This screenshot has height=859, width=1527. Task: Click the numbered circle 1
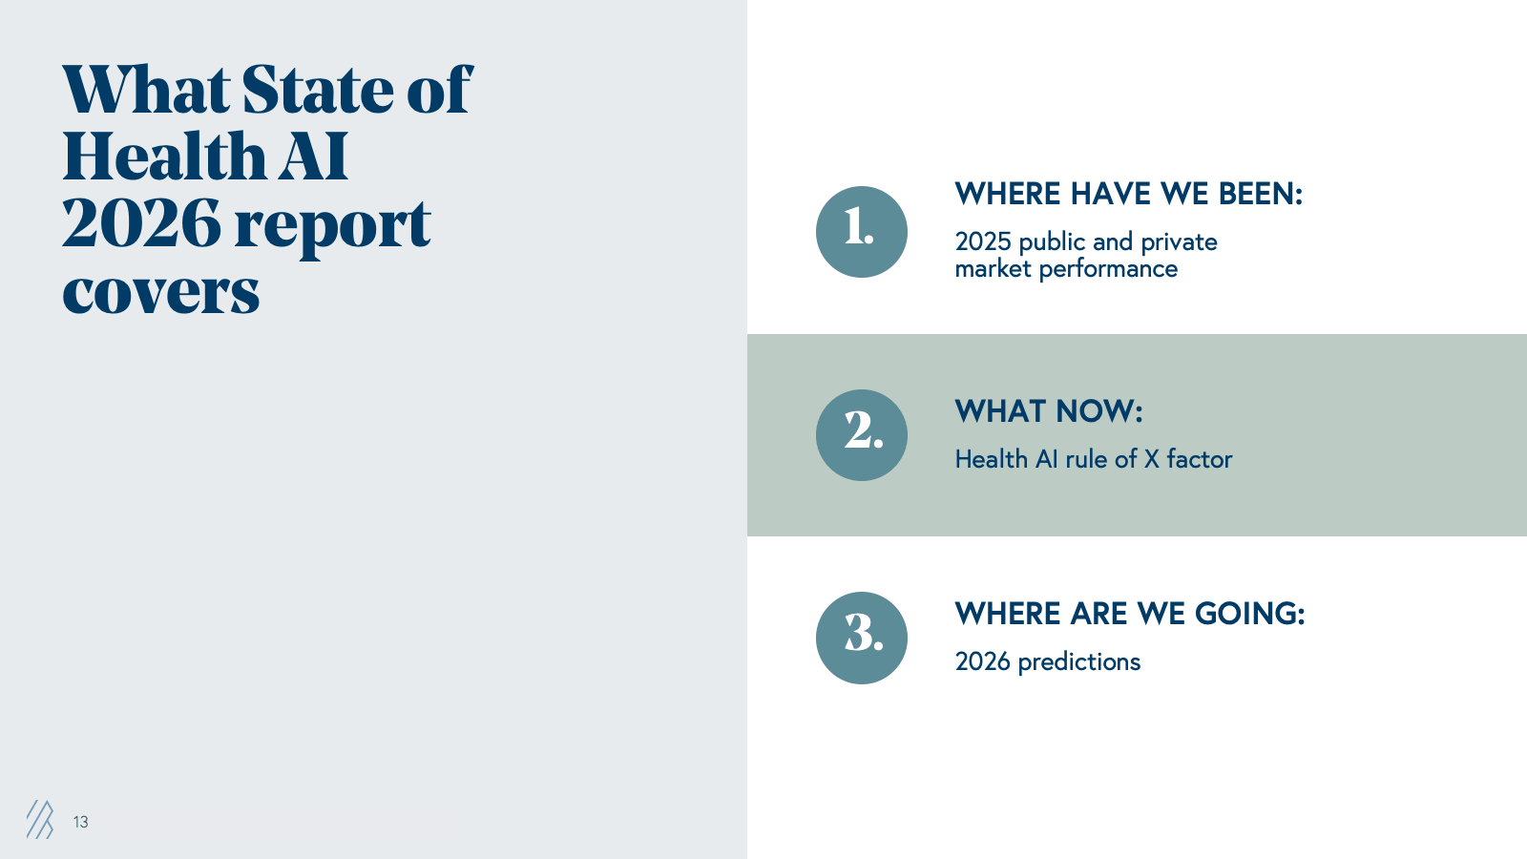[x=862, y=232]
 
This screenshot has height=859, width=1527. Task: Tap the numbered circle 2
[x=862, y=435]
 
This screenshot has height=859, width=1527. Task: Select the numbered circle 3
[x=862, y=639]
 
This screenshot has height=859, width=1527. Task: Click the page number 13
[x=80, y=822]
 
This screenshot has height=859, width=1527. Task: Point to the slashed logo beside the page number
[x=39, y=820]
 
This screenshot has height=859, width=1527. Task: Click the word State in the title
[x=318, y=90]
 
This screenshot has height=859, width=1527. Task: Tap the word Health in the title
[x=163, y=157]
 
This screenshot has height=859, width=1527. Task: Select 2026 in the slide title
[x=142, y=223]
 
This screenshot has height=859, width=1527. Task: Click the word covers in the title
[x=161, y=293]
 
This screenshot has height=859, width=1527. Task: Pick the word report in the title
[x=333, y=228]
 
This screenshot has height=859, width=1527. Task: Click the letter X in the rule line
[x=1151, y=459]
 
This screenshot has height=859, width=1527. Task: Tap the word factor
[x=1199, y=459]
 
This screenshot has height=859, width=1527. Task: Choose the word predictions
[x=1079, y=662]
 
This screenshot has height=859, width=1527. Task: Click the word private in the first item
[x=1179, y=242]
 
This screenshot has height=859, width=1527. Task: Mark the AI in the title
[x=313, y=157]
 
